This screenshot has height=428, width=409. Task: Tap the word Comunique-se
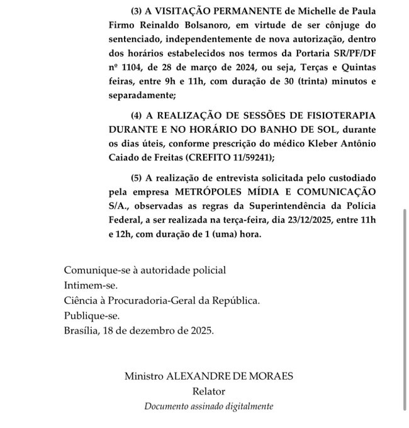coord(94,270)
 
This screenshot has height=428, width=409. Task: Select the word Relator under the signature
coord(209,391)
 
